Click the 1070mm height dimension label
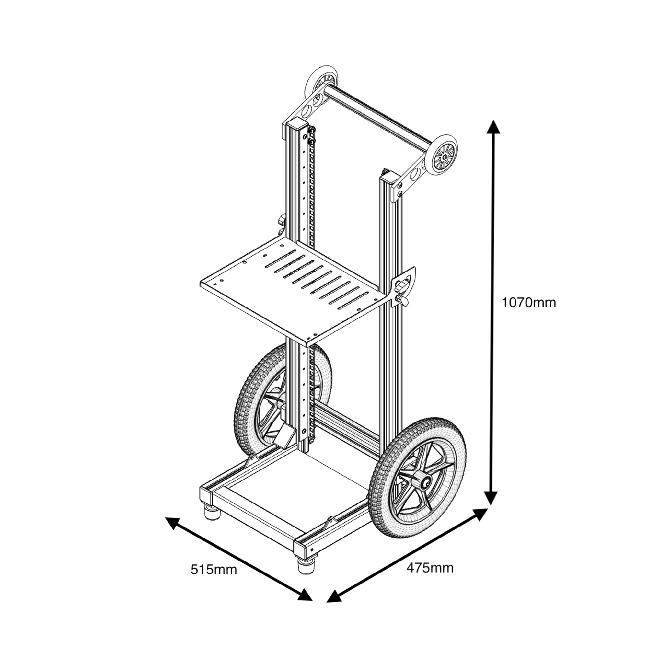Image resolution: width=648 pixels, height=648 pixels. [x=528, y=303]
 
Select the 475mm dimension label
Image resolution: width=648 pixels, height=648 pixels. [x=430, y=568]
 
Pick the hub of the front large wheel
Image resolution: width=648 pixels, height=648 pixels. [x=426, y=483]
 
